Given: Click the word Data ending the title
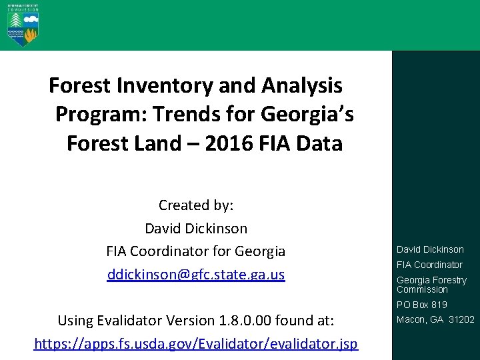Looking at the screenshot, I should click(321, 143).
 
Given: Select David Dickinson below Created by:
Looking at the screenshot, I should click(195, 228).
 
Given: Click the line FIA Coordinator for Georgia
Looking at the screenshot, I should click(195, 251).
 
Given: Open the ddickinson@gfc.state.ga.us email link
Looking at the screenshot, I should click(195, 275).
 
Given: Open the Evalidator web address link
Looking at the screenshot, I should click(195, 344).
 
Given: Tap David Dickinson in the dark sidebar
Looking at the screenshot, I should click(430, 249).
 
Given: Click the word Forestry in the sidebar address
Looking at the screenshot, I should click(450, 280).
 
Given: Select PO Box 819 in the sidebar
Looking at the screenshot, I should click(421, 305).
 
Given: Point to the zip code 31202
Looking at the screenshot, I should click(461, 319).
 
